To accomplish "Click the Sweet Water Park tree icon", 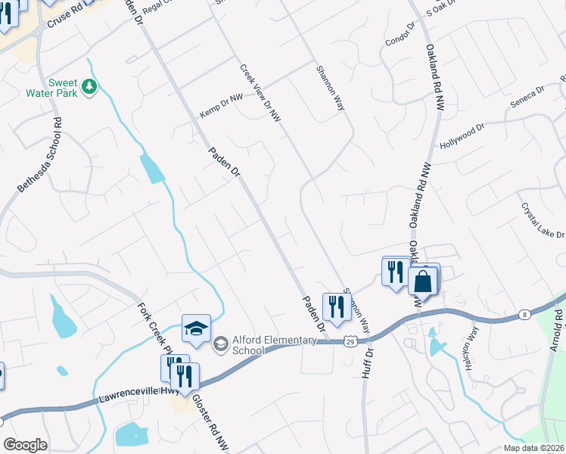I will coord(89,87).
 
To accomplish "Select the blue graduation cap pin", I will coord(196,330).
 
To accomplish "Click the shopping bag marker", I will coord(424,282).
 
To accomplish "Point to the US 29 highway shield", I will coord(348,343).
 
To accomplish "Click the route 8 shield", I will coord(524,314).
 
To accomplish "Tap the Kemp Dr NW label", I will coord(221,112).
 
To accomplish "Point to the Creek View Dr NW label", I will coord(260,93).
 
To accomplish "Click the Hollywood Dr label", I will coord(462,137).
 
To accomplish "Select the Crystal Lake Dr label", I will coord(542,219).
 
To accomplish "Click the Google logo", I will coord(25,445).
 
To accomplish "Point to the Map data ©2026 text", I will coord(533,448).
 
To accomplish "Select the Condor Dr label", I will coord(401,35).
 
